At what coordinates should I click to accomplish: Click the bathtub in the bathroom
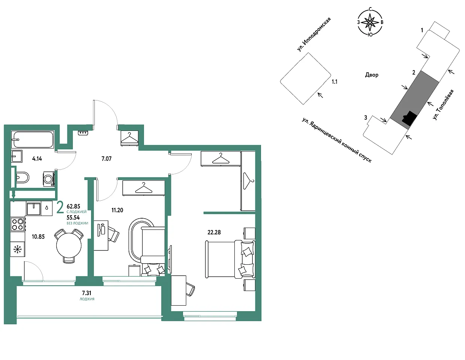(33, 139)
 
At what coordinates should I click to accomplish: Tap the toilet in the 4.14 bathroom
(22, 177)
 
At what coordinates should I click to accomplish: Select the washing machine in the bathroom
(49, 179)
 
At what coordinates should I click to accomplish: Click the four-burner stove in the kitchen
(18, 224)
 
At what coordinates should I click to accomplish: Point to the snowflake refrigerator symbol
(18, 249)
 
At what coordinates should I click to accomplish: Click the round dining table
(69, 245)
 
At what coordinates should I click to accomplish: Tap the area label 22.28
(214, 232)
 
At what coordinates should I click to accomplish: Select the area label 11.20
(117, 210)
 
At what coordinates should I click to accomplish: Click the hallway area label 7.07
(106, 159)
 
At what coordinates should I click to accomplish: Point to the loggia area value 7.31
(87, 293)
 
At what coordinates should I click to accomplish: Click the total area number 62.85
(73, 206)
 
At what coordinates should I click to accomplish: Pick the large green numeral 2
(60, 207)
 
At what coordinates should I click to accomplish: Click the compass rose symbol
(370, 22)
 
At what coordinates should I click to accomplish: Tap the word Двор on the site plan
(372, 75)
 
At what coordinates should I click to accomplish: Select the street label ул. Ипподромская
(314, 34)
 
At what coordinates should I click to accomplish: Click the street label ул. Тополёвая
(443, 105)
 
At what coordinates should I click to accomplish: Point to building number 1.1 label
(334, 82)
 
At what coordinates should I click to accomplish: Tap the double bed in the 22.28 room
(230, 259)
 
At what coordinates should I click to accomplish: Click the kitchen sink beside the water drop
(33, 209)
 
